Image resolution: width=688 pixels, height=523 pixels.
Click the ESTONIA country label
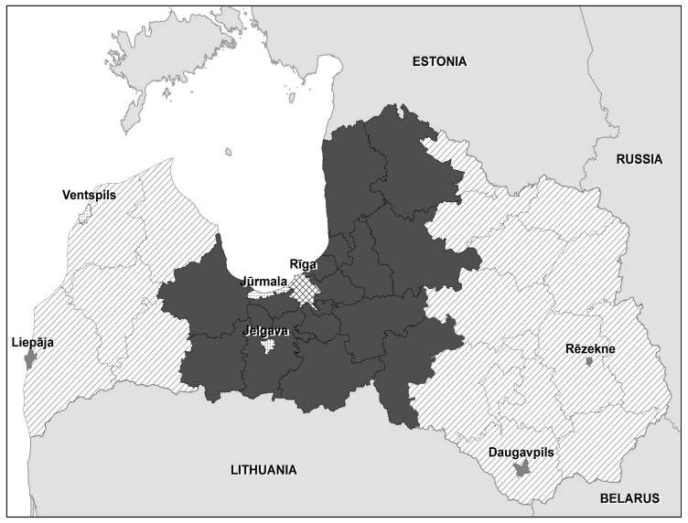(x=439, y=62)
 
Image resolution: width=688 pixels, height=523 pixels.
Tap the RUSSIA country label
(x=639, y=158)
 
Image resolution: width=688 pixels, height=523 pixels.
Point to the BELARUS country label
(x=629, y=498)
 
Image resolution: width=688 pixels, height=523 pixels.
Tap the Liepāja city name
(x=32, y=343)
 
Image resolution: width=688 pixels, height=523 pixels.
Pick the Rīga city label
(x=304, y=264)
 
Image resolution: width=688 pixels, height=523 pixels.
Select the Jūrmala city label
(x=264, y=281)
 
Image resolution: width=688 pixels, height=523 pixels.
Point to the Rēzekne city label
(x=590, y=348)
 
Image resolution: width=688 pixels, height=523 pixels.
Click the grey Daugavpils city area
(x=521, y=469)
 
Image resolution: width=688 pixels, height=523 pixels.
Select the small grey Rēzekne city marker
(x=590, y=362)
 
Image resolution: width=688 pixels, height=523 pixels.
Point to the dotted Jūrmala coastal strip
(x=270, y=294)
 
